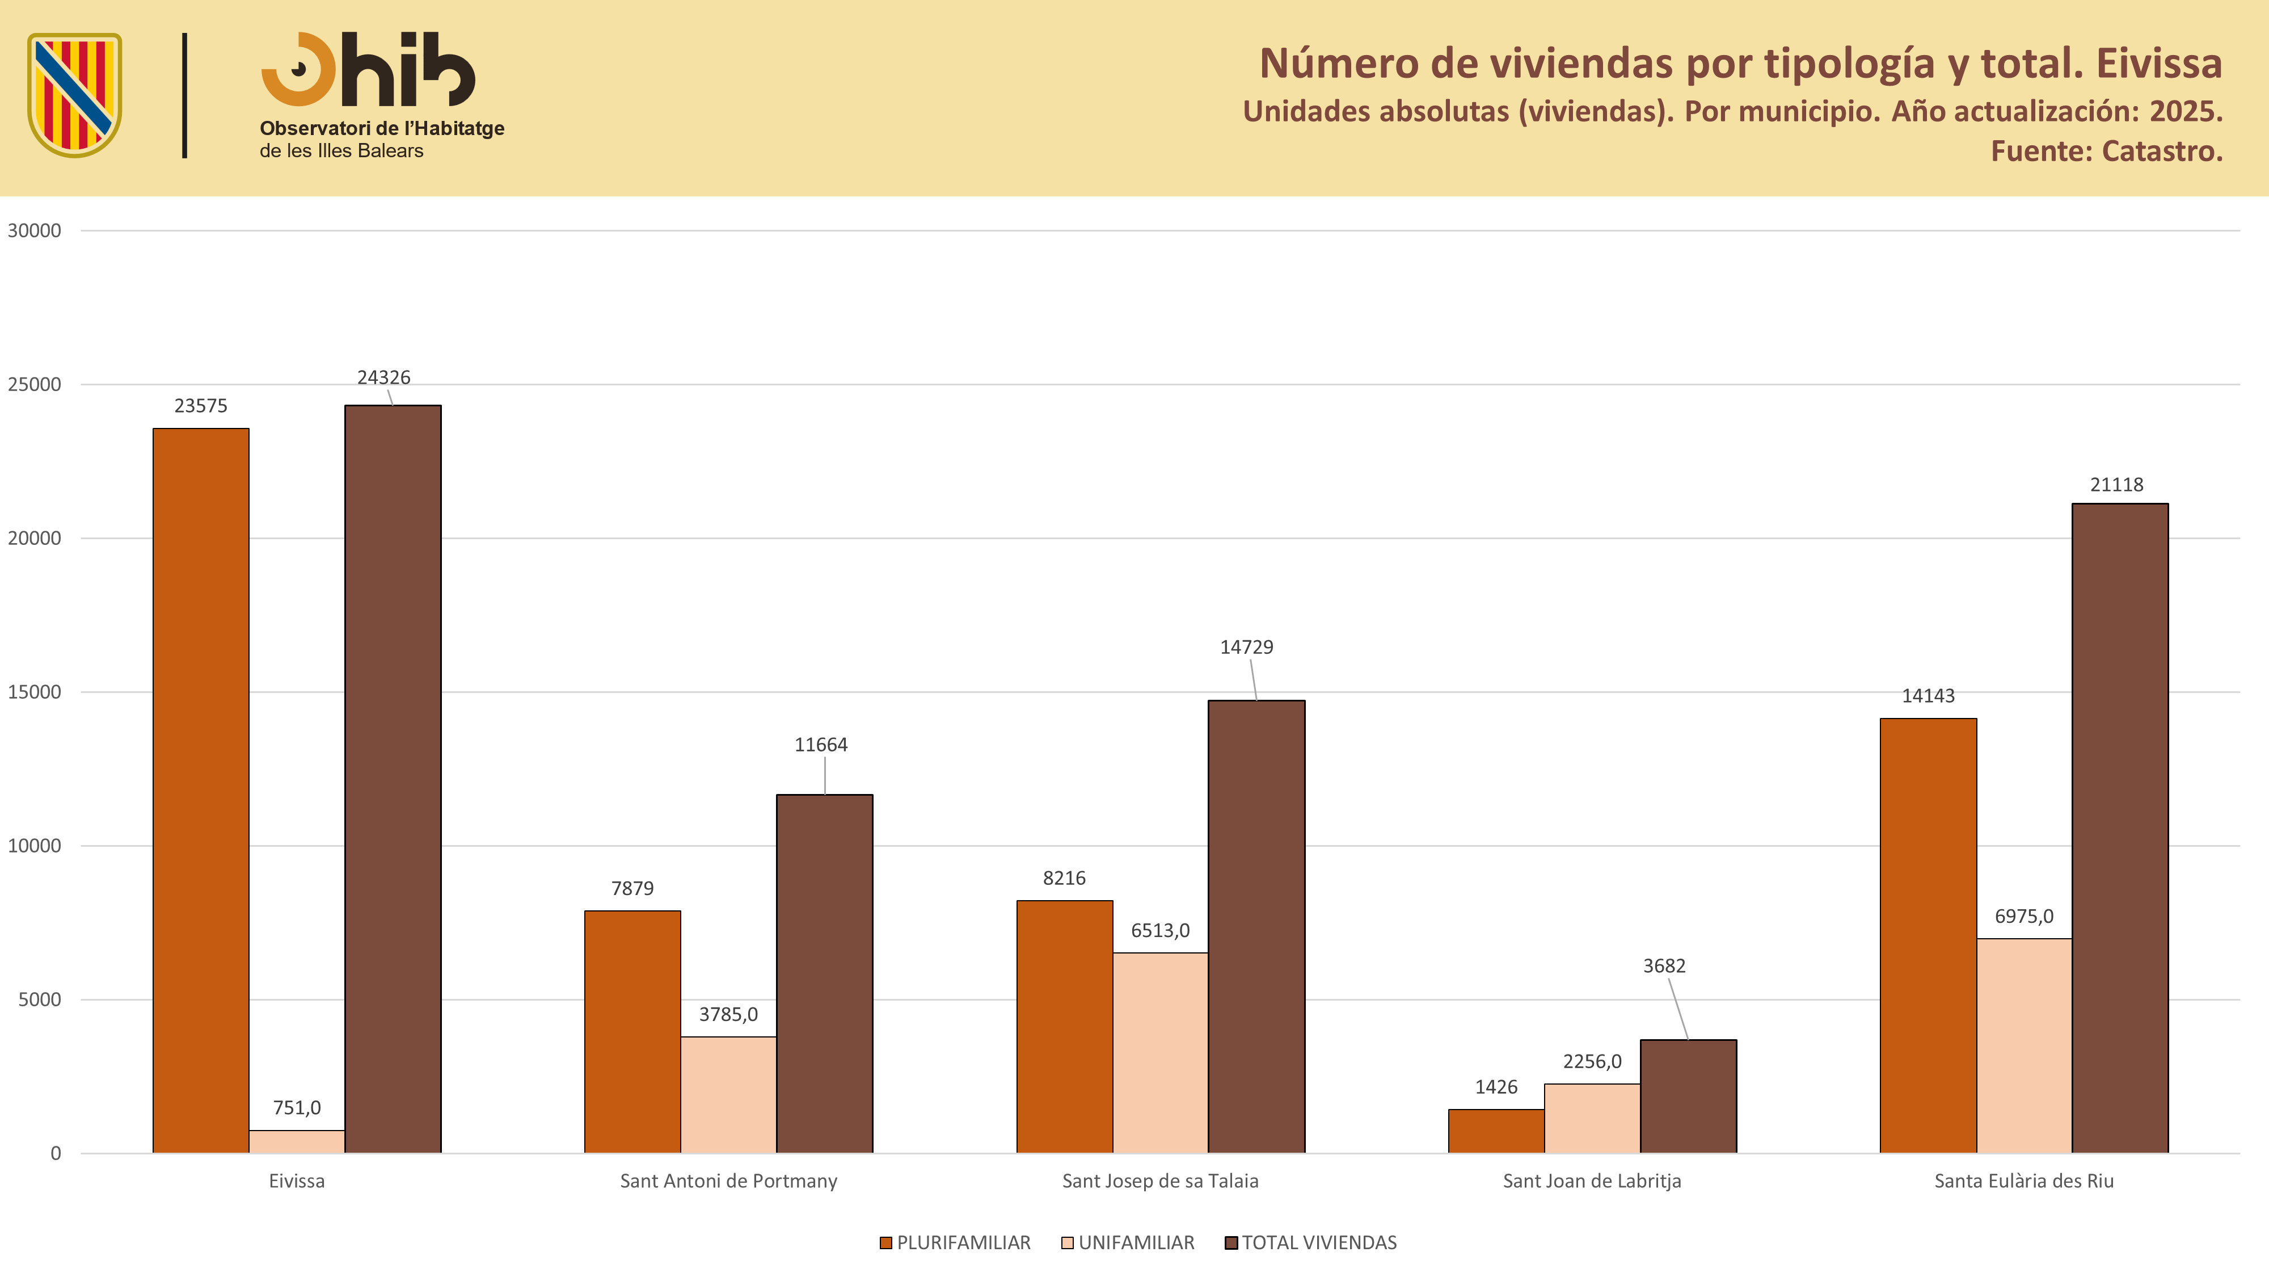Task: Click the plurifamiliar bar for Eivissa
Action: point(201,791)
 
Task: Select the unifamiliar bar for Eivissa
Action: point(297,1141)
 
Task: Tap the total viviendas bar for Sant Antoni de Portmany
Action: point(824,974)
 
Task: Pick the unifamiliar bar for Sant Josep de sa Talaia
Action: point(1160,1052)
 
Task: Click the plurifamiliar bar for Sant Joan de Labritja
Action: point(1496,1131)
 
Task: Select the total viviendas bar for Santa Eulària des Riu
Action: point(2120,829)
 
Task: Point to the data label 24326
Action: point(384,377)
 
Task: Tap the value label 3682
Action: point(1664,966)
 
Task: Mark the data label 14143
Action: point(1928,695)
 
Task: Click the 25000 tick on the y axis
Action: point(35,384)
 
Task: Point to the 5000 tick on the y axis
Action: point(40,999)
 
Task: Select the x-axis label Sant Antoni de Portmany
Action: point(728,1181)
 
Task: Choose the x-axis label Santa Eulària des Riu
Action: point(2024,1181)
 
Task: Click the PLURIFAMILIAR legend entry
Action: point(955,1242)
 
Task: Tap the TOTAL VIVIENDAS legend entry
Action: point(1311,1242)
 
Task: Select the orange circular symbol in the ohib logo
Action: point(298,70)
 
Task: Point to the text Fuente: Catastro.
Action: point(2107,152)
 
